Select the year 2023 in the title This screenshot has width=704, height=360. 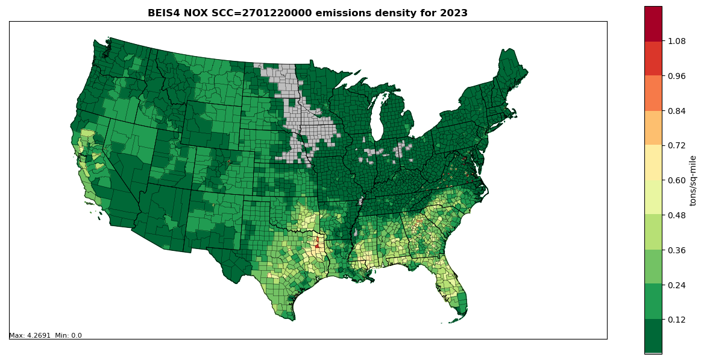click(454, 13)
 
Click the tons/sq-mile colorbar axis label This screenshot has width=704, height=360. click(693, 180)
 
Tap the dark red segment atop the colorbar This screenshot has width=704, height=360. click(653, 24)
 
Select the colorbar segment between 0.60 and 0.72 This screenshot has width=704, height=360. click(653, 163)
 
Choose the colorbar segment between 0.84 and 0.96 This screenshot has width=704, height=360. click(653, 93)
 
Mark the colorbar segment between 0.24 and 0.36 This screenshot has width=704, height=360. click(653, 267)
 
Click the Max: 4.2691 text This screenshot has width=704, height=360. click(29, 336)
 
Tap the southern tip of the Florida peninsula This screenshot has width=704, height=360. click(462, 313)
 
